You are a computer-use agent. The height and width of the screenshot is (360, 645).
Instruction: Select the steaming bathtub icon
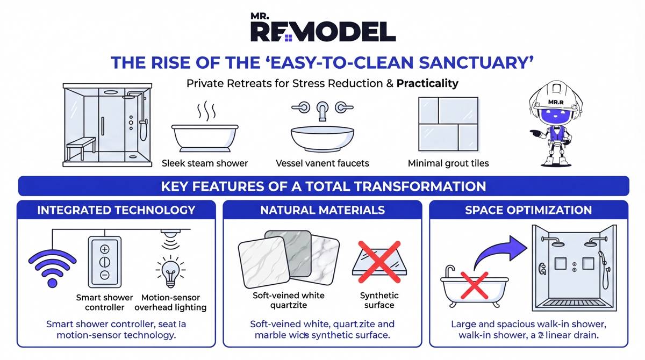tap(204, 132)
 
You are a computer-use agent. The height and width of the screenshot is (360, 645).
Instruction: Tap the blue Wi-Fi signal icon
tap(52, 264)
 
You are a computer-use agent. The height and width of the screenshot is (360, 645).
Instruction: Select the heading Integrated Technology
tap(116, 210)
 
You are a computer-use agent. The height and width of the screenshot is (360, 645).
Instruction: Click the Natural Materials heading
tap(322, 210)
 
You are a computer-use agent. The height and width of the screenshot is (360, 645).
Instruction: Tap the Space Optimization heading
tap(528, 210)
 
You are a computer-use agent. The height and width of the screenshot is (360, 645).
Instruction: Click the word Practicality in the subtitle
tap(428, 84)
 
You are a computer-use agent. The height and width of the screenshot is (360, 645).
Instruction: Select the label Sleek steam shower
tap(205, 163)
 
